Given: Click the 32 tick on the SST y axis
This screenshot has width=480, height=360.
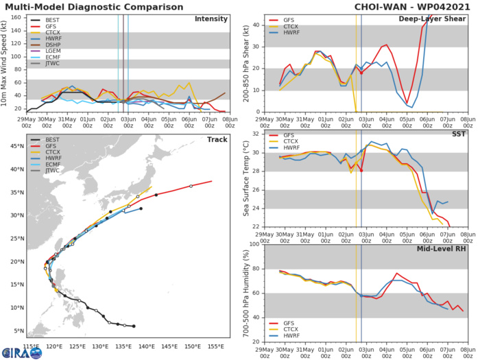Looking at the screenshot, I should (x=254, y=134).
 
